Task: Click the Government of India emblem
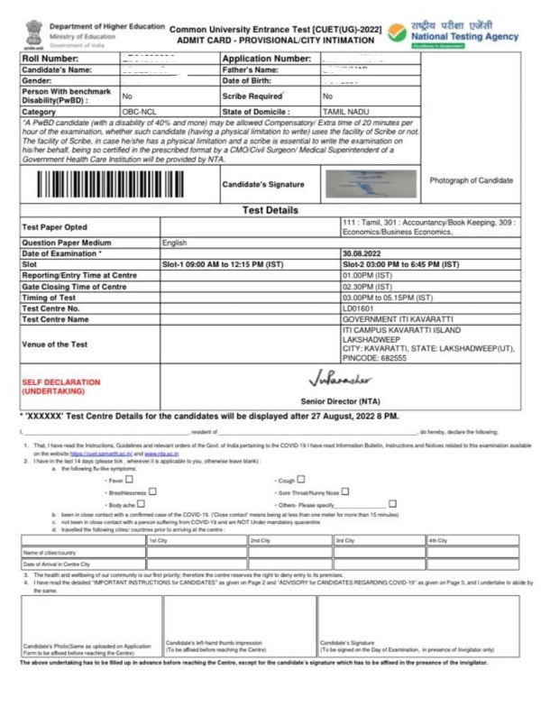(x=33, y=32)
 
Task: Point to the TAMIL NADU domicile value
(x=344, y=113)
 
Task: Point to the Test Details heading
(x=271, y=208)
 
